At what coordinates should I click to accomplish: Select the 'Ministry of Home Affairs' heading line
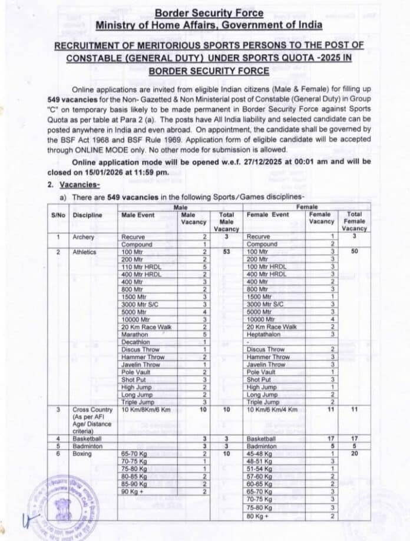210,25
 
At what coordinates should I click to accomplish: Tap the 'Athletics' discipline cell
85,252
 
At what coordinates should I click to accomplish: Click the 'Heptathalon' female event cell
266,335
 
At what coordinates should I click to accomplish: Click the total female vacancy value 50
354,252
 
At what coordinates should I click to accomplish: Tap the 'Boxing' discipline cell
82,454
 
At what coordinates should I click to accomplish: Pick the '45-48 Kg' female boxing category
260,454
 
